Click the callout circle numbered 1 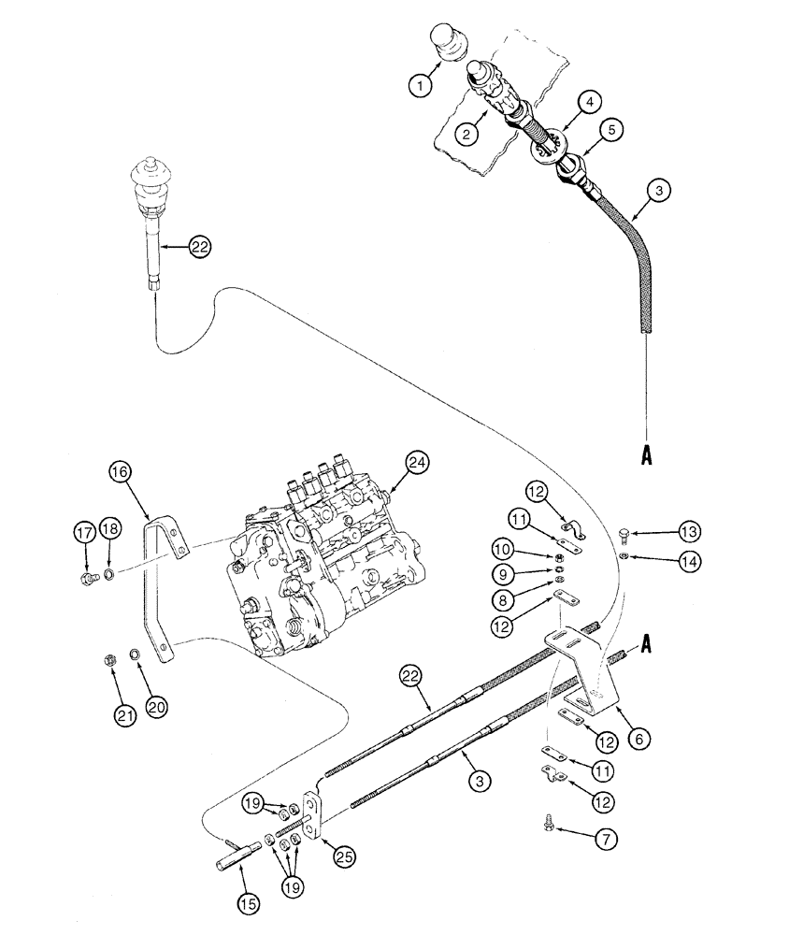coord(421,86)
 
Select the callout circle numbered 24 coord(417,461)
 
